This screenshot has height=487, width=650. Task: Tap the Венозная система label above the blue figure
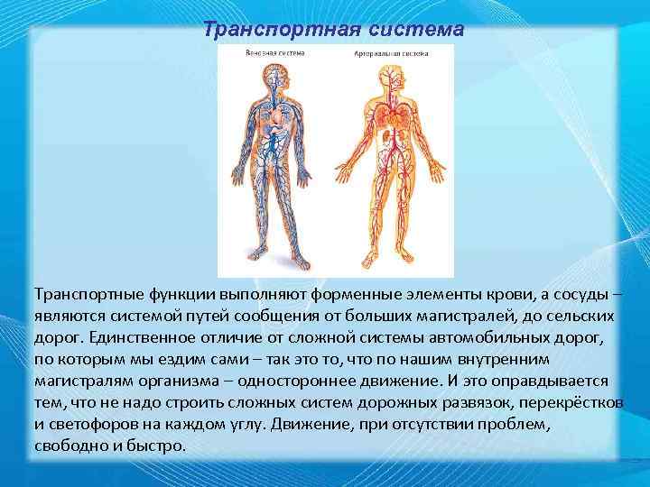pyautogui.click(x=275, y=53)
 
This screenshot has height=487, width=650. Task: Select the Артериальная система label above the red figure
pyautogui.click(x=390, y=53)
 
